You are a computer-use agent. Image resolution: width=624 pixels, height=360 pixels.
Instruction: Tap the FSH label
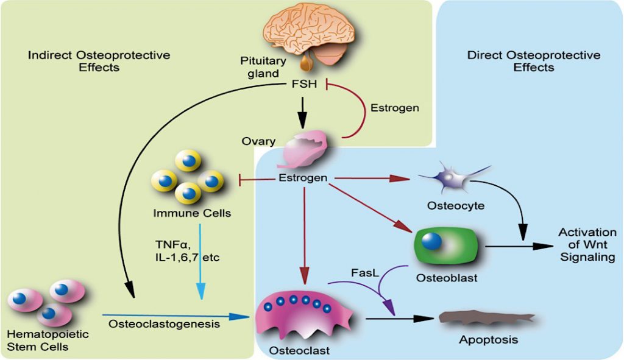tap(305, 84)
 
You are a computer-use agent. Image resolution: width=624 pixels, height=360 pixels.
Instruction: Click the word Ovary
tap(258, 141)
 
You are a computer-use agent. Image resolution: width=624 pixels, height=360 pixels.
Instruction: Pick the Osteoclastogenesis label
tap(164, 324)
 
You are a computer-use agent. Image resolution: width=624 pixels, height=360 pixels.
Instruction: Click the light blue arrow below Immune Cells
tap(200, 261)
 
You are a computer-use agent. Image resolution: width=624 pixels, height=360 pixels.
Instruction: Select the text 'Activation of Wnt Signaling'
tap(587, 244)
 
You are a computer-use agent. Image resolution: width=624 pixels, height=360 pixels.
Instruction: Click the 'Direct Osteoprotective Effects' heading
tap(534, 61)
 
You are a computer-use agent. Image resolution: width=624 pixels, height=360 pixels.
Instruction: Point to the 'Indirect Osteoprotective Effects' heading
tap(99, 61)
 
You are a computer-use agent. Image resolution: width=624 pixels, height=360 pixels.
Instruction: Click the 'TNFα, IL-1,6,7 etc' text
tap(187, 250)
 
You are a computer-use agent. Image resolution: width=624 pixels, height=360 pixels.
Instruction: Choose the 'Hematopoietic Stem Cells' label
tap(48, 340)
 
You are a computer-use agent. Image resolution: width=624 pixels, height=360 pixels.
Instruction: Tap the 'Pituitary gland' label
tap(263, 67)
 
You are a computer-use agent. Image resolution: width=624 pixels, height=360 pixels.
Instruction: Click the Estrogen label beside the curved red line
tap(395, 108)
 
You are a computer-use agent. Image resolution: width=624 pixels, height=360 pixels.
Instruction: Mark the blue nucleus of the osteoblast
tap(431, 241)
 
